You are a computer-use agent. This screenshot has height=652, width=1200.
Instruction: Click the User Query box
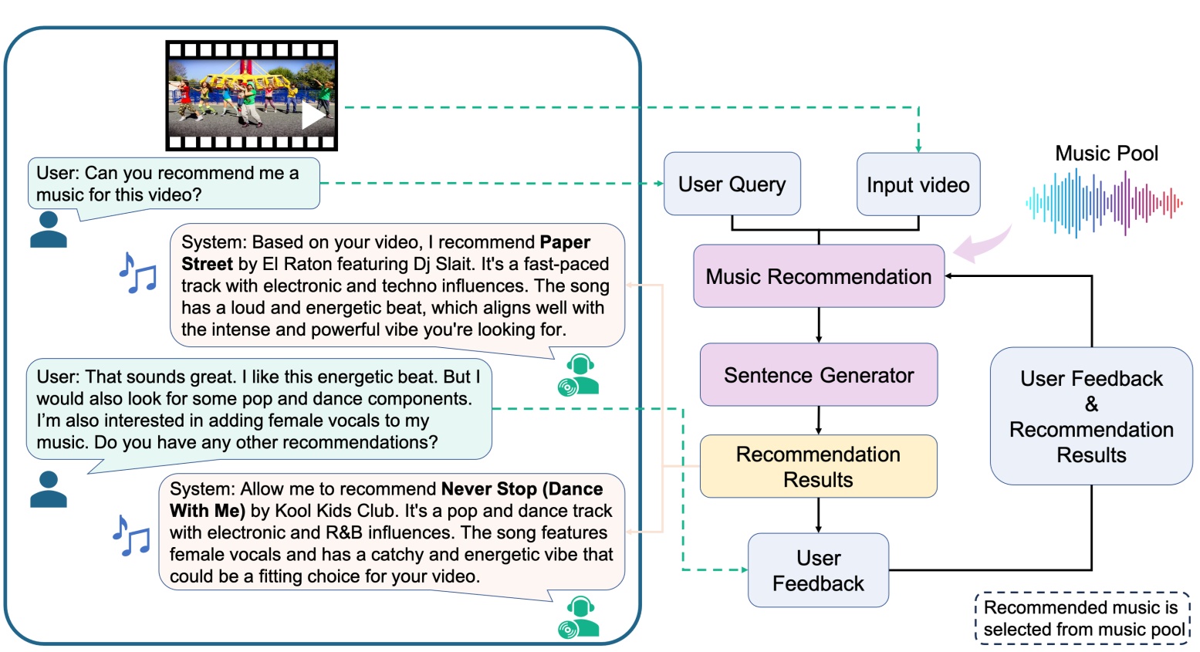732,184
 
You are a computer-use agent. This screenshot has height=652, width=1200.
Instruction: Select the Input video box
918,185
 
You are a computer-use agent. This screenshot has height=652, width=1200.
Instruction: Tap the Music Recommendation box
818,276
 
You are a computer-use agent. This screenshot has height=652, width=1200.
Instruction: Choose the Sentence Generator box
818,375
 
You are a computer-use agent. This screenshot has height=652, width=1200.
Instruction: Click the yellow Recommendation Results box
818,466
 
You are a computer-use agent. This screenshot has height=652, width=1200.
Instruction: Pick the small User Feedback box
818,570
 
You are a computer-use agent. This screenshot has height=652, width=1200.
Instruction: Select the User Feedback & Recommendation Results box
1091,416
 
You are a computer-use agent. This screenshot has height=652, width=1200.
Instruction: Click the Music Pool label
1106,154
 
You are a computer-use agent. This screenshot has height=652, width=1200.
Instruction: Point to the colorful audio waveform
1104,203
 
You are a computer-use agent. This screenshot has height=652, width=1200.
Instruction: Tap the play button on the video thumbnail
313,116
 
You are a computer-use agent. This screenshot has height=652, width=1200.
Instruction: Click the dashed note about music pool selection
1083,618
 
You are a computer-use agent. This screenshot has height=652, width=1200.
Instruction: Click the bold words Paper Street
386,253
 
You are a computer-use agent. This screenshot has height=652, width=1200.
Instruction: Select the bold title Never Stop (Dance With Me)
386,499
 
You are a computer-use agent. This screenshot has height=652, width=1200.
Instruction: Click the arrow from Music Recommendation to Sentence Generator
819,325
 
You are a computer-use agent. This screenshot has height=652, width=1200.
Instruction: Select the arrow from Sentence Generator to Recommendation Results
819,421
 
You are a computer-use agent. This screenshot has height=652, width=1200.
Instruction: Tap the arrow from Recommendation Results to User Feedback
819,515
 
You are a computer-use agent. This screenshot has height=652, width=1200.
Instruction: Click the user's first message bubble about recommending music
174,184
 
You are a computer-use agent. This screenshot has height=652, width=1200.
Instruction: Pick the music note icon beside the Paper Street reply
137,273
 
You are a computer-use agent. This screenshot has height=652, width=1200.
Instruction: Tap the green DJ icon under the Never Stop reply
578,617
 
